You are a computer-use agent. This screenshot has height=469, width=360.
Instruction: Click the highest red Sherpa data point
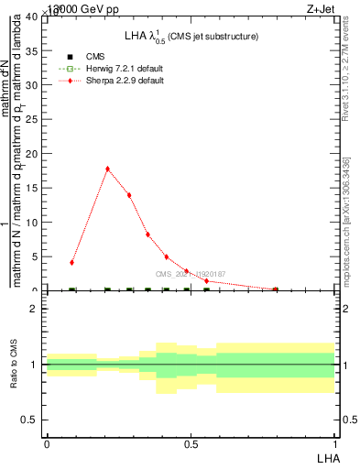coord(108,169)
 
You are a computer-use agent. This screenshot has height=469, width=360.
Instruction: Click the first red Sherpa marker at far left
coord(71,263)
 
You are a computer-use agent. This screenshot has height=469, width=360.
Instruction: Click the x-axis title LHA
coord(326,456)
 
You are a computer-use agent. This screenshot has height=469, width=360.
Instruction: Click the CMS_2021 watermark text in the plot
coord(191,274)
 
